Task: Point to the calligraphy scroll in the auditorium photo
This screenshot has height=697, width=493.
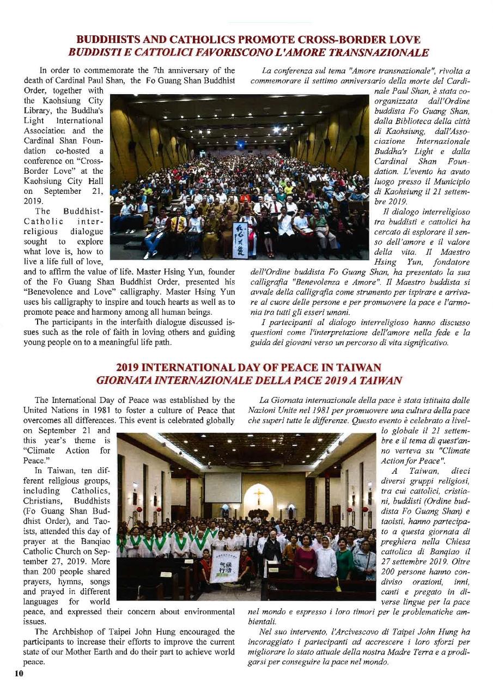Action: click(240, 240)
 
